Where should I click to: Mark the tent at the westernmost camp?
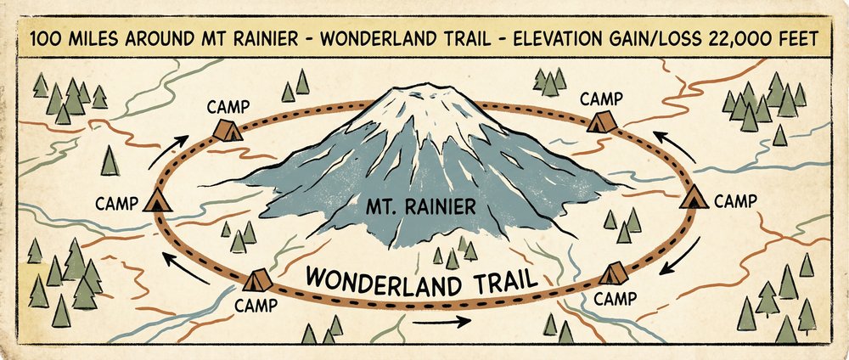156,200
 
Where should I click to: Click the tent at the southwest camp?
258,279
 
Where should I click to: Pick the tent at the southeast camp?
613,273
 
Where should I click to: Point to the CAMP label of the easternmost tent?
734,202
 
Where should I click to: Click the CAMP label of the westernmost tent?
116,204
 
